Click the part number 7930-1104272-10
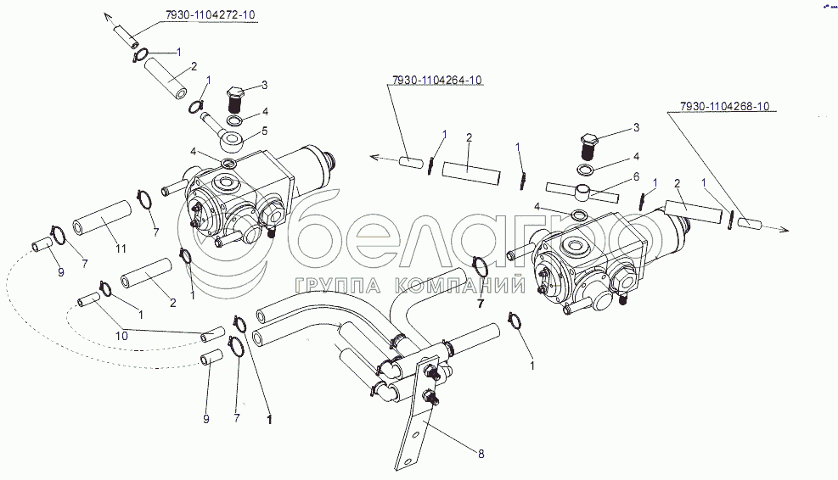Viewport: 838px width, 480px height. [x=210, y=15]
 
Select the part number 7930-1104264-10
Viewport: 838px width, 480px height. [x=436, y=80]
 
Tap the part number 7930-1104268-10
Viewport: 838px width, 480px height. [x=725, y=106]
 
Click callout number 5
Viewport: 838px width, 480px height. [x=264, y=131]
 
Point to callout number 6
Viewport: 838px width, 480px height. [x=636, y=176]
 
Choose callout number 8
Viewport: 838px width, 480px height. [x=481, y=454]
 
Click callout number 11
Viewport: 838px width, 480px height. [x=121, y=248]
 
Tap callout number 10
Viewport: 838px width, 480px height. [x=122, y=336]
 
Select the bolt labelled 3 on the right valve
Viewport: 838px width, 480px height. [x=588, y=145]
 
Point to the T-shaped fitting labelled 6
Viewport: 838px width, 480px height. [x=582, y=193]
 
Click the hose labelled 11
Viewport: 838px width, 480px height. [x=102, y=218]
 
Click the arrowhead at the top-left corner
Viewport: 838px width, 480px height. [x=108, y=17]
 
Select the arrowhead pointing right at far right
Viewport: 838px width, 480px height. [x=784, y=230]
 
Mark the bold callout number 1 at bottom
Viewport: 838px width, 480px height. [x=269, y=420]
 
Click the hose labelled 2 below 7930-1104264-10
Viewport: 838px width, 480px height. [x=471, y=174]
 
